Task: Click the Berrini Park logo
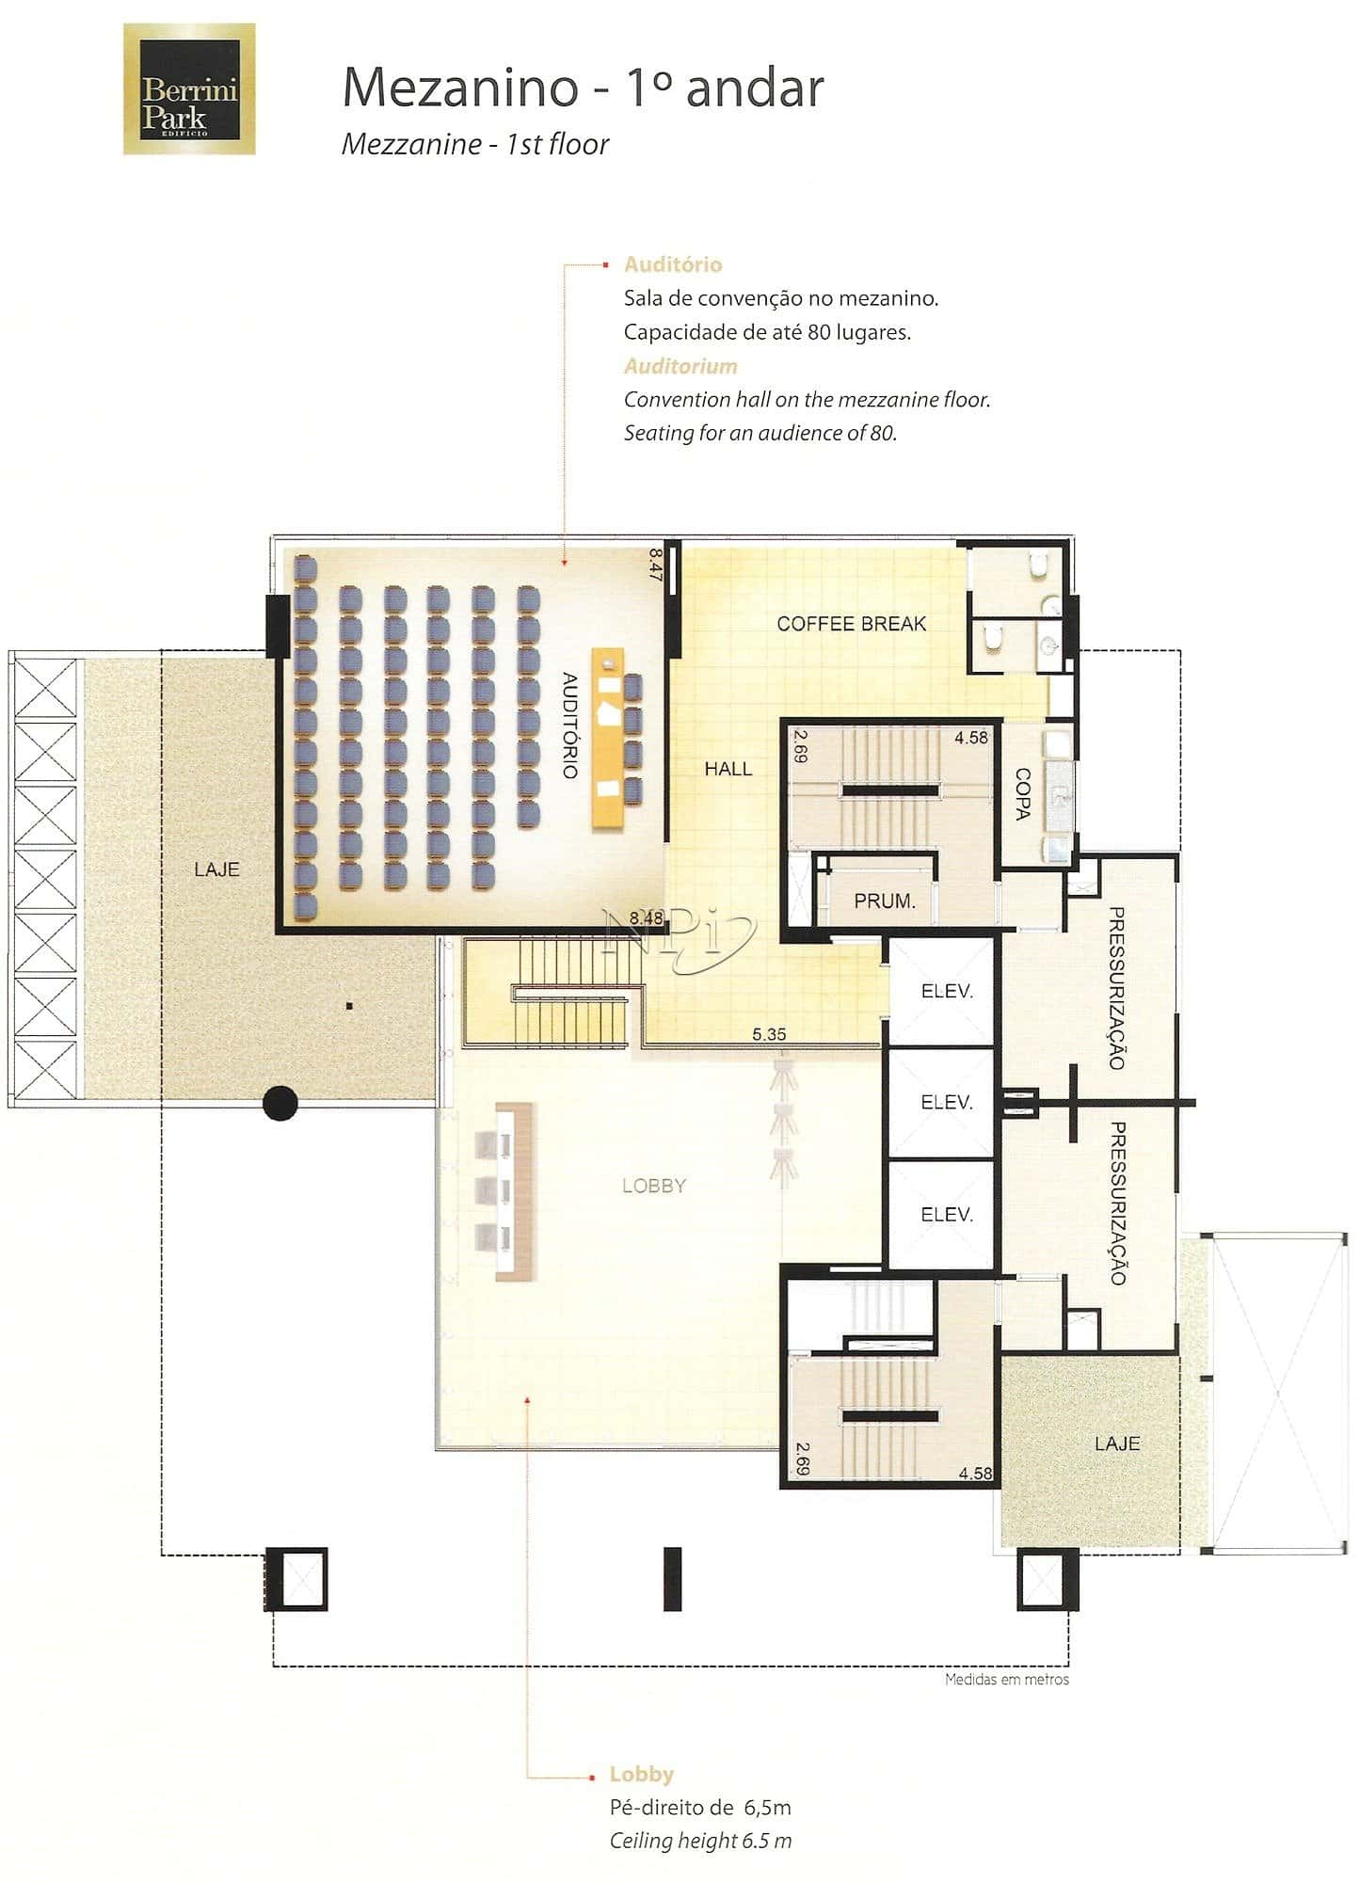point(189,88)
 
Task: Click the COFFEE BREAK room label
point(851,624)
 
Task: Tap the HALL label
point(728,769)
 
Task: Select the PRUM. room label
point(885,901)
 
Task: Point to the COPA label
point(1023,794)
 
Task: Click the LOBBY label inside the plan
point(654,1186)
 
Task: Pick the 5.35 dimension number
point(769,1034)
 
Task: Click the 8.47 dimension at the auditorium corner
point(656,565)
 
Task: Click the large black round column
point(280,1103)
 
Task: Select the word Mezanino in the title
point(459,88)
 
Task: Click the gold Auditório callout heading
point(673,264)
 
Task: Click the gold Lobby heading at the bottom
point(642,1774)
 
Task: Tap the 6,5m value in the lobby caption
point(767,1807)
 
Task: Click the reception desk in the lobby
point(515,1191)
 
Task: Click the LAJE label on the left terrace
point(216,869)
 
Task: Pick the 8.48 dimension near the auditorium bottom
point(647,917)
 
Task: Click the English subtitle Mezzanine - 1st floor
point(475,144)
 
